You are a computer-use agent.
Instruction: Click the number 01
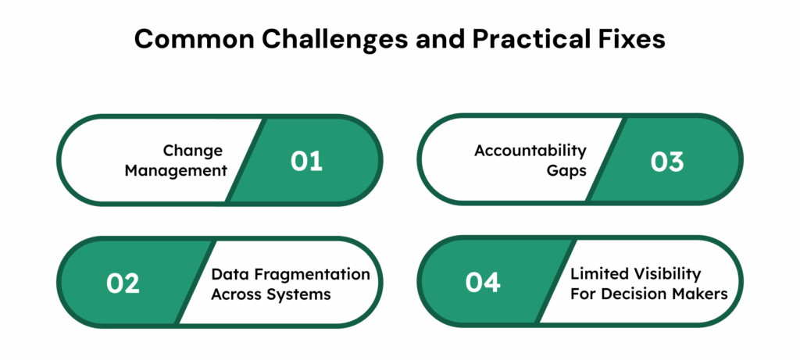(306, 162)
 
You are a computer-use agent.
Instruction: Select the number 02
(123, 283)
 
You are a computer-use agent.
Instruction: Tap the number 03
(667, 162)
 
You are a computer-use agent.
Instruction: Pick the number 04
(483, 283)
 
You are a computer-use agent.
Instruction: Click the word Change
(193, 151)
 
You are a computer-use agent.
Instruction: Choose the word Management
(179, 170)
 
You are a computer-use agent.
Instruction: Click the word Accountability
(530, 151)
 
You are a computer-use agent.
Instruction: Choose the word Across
(237, 294)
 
